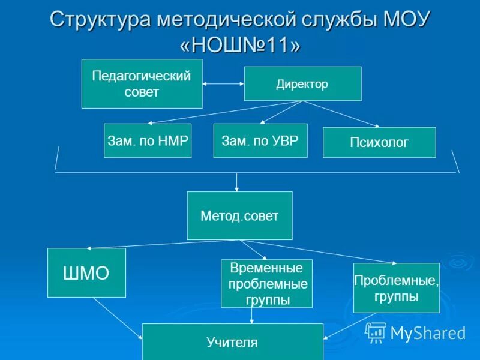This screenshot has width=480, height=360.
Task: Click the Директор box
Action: click(x=302, y=83)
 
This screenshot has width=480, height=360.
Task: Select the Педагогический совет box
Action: click(x=142, y=83)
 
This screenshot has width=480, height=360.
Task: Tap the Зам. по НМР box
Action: click(x=147, y=140)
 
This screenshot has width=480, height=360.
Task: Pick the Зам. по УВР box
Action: click(x=260, y=140)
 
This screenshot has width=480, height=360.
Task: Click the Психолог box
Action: click(x=379, y=142)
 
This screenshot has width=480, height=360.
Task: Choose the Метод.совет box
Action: click(x=239, y=215)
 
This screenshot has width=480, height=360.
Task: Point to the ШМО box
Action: click(x=86, y=272)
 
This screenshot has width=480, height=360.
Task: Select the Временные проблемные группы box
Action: click(x=266, y=283)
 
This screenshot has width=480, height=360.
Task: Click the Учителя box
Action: click(x=232, y=342)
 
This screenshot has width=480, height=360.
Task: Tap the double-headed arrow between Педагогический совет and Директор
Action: click(x=223, y=83)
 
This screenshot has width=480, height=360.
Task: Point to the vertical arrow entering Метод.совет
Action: click(x=237, y=182)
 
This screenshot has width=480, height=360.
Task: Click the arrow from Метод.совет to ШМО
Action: click(x=162, y=244)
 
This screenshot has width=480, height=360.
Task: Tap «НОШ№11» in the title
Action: click(x=240, y=44)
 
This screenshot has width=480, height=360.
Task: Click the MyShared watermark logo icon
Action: click(x=376, y=332)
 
